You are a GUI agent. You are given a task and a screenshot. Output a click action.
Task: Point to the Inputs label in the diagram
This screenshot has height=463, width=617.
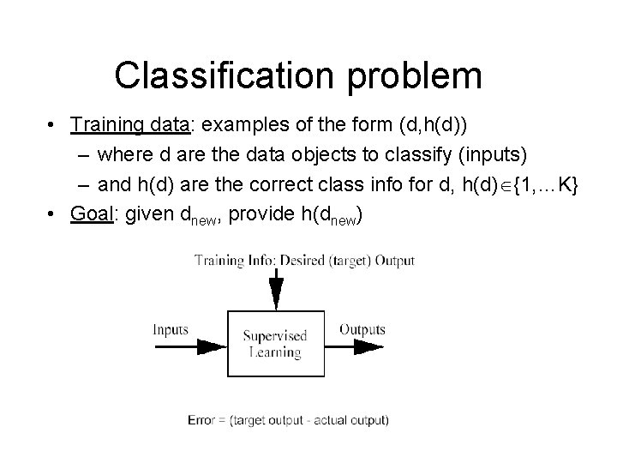[171, 329]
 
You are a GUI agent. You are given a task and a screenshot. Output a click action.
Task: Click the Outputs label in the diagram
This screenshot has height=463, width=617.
[362, 329]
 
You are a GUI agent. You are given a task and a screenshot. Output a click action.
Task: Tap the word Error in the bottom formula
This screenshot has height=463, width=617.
[201, 420]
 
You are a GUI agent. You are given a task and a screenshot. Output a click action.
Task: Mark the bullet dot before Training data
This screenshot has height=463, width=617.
[54, 125]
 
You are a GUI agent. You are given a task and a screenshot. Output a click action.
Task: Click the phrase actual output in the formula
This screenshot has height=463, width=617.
[355, 420]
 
